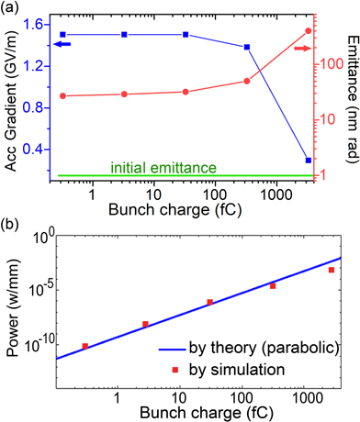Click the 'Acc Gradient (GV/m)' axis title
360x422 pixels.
11,92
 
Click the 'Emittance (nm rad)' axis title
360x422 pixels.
350,92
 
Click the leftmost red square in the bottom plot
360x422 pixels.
84,346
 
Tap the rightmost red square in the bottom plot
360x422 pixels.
332,270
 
